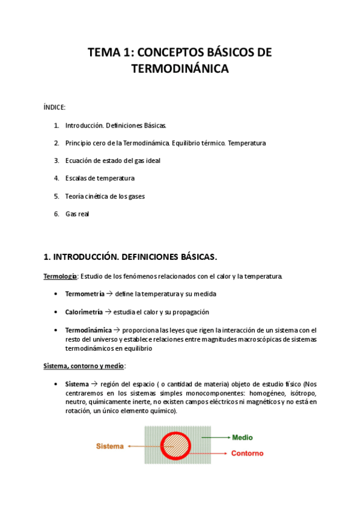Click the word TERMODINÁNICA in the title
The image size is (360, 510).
180,69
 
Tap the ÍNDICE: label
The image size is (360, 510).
55,107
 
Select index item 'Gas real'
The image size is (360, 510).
77,214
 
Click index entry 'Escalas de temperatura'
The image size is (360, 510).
100,178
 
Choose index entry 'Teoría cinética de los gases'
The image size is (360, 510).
105,196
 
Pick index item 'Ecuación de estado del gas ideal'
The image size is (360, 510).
112,161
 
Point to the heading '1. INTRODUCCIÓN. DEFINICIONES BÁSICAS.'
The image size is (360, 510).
130,257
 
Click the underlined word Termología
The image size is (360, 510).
60,277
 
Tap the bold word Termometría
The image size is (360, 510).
84,294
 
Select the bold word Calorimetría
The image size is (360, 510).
84,312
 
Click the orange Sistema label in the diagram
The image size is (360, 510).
109,446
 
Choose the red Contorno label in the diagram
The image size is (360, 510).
248,453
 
